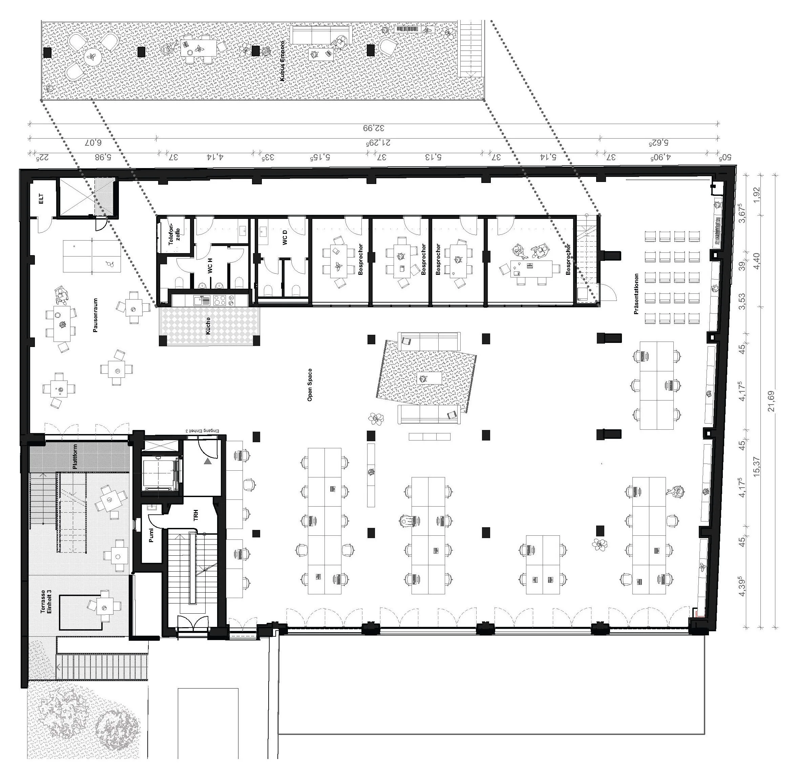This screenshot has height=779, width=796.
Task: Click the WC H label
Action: (210, 266)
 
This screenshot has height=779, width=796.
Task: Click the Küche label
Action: (208, 326)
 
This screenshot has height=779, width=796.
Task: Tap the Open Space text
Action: (310, 385)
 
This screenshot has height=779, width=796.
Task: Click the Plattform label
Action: (75, 457)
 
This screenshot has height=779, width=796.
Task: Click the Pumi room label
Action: (151, 535)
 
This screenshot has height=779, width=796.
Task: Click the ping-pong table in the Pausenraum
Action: (92, 257)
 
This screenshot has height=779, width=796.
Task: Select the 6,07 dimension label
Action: (93, 143)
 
